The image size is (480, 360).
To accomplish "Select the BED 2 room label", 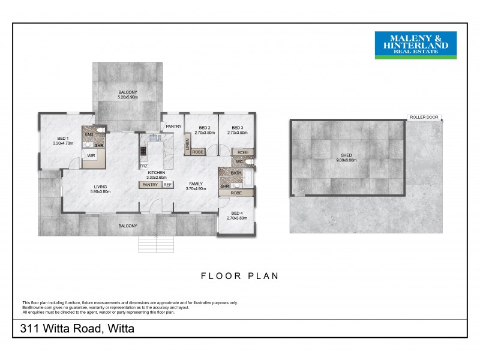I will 205,128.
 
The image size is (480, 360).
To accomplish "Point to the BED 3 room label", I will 238,128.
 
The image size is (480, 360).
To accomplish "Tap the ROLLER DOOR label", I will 424,118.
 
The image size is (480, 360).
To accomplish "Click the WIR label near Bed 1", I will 91,156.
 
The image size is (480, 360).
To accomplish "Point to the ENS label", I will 88,134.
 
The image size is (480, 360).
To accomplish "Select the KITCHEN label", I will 156,173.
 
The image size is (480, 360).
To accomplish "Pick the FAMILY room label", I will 196,184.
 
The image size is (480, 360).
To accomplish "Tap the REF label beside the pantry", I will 167,185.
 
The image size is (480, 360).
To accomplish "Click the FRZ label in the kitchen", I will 144,166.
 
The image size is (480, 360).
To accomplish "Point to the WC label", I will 238,162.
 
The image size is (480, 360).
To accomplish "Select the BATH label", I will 236,173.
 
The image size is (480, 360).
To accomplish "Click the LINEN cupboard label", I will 187,144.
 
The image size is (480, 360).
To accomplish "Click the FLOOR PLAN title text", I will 240,277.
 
